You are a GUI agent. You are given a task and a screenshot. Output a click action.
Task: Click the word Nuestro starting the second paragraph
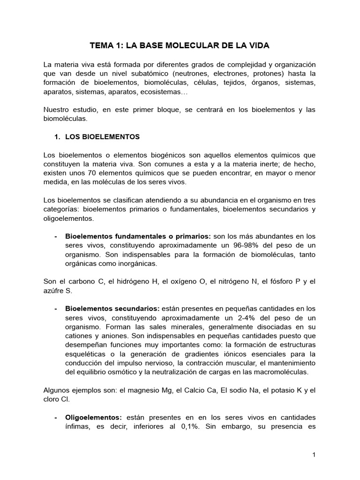point(56,110)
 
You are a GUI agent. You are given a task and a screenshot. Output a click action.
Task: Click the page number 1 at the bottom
point(314,455)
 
